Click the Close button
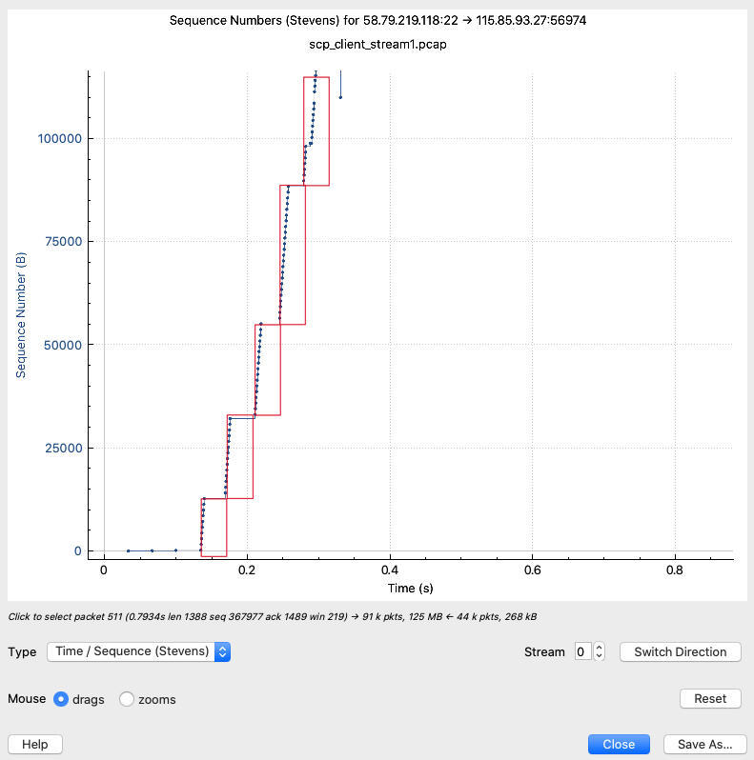619,744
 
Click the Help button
35,744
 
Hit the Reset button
710,698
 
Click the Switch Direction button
680,652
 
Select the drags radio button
62,699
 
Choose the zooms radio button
126,699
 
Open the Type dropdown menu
139,652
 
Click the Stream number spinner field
581,652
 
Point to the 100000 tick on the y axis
59,139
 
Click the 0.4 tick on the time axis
389,570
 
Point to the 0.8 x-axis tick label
675,570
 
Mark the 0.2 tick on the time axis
246,570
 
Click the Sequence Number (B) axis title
21,314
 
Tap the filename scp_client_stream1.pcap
377,45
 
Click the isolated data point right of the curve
340,97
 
